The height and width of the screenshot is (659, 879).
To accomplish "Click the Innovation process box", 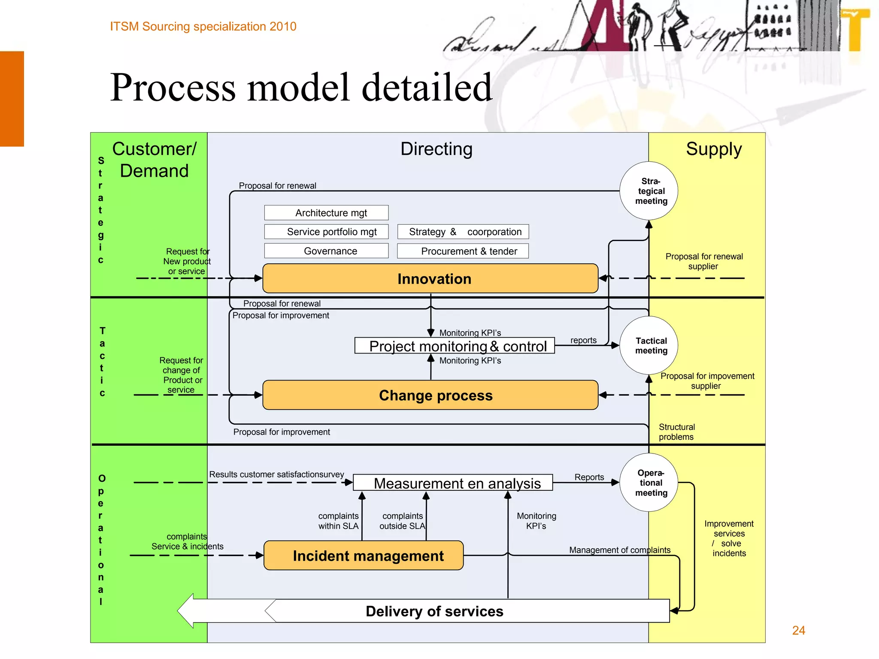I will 430,278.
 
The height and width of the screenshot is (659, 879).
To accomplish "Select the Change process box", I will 430,395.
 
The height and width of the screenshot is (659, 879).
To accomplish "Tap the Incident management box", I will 364,556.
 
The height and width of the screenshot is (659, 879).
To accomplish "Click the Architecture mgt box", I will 326,213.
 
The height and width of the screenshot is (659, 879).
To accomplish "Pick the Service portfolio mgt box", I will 326,232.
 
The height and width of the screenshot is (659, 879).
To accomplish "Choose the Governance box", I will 326,251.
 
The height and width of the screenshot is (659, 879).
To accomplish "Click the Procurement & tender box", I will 463,251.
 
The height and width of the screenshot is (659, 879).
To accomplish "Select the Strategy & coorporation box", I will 463,232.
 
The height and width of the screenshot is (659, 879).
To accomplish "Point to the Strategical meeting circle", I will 649,191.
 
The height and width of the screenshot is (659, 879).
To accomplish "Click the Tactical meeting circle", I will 649,345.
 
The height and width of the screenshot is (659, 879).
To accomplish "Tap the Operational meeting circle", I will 649,482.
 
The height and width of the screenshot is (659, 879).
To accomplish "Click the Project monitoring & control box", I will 455,346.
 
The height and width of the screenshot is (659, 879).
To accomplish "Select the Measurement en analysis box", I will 453,483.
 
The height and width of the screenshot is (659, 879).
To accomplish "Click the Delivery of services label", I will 434,611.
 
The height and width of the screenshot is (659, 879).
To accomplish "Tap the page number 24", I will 798,630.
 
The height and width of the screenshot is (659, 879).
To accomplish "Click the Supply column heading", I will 713,149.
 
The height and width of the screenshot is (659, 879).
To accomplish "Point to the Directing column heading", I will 436,149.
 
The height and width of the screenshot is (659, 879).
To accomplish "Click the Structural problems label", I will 676,432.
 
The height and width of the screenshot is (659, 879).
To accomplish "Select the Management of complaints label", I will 619,550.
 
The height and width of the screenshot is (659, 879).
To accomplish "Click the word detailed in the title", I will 427,88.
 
